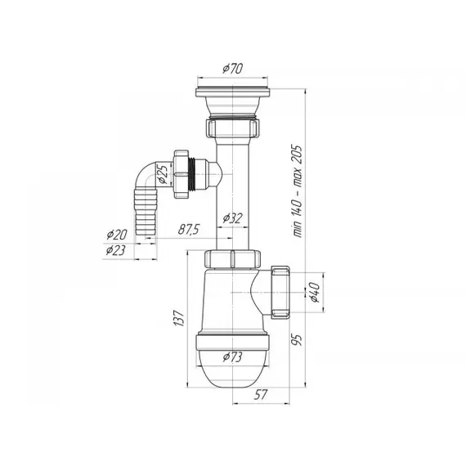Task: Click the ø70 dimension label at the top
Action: [x=232, y=69]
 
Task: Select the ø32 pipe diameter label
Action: [x=233, y=218]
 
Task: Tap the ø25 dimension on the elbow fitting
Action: [x=164, y=174]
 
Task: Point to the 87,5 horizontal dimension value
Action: [x=189, y=230]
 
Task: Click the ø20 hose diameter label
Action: [x=117, y=235]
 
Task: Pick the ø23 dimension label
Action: [x=115, y=250]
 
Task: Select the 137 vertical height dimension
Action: [x=179, y=318]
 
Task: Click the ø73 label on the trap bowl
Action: [x=232, y=357]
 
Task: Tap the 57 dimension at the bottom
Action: [x=261, y=395]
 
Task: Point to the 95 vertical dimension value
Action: [x=297, y=339]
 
